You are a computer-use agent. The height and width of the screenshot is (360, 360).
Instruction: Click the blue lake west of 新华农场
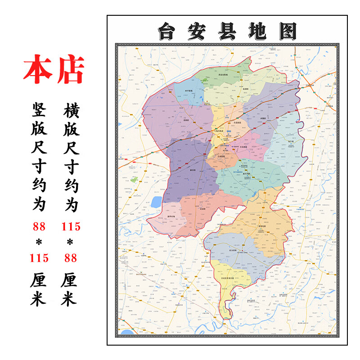[156, 202]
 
